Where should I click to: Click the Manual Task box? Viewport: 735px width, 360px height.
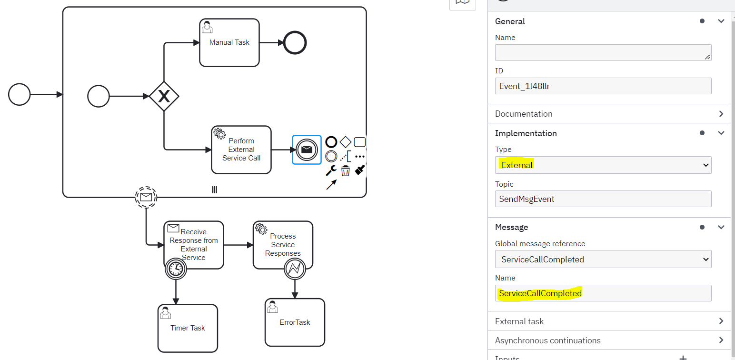point(229,43)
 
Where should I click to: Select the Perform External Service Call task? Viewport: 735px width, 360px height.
point(241,150)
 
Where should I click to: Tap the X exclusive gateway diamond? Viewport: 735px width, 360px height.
point(164,96)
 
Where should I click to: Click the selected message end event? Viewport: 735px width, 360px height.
point(307,150)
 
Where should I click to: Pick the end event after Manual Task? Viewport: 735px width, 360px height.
point(295,43)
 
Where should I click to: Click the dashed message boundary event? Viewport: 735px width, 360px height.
point(146,197)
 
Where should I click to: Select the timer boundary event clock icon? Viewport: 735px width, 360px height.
point(176,269)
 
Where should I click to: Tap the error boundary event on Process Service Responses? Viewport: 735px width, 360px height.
point(295,269)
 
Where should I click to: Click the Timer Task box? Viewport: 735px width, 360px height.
point(188,328)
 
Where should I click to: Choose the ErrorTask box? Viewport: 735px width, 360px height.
point(295,322)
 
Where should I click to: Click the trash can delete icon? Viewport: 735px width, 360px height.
point(346,170)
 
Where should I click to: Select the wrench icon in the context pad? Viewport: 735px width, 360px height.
point(331,170)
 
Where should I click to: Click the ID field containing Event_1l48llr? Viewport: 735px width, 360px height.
point(603,86)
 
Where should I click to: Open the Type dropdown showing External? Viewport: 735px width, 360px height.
point(603,165)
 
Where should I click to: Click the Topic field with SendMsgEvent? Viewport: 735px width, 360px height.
point(603,199)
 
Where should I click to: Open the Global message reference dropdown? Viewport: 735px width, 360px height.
point(603,259)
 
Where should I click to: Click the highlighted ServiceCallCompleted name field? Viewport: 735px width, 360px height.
point(603,293)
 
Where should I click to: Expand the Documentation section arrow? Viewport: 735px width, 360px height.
point(721,114)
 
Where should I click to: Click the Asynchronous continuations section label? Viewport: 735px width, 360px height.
point(547,340)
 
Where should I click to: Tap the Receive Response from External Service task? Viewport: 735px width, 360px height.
point(194,245)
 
